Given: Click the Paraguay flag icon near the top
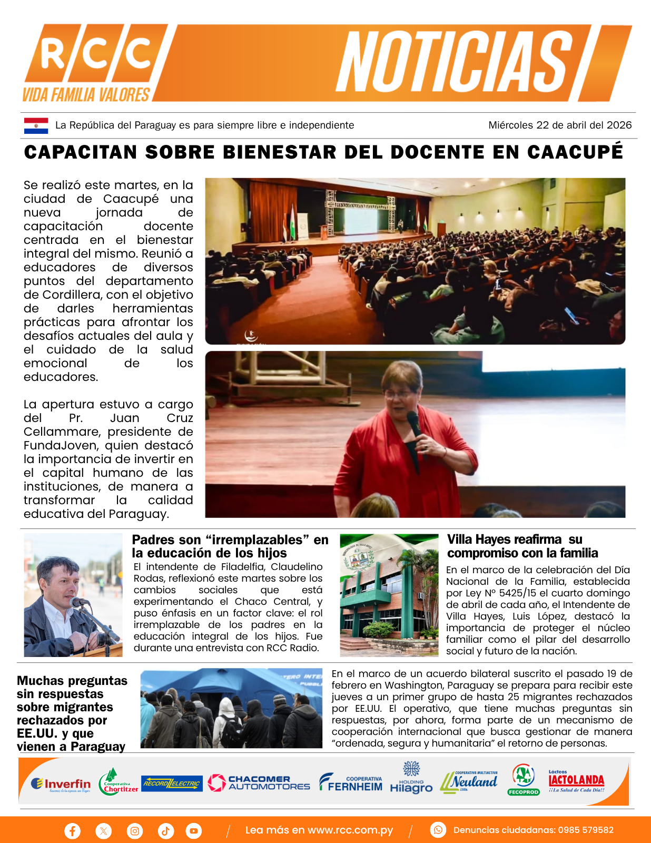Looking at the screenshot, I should click(36, 125).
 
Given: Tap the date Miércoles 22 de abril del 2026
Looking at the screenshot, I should click(560, 125).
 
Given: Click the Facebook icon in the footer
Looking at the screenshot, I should click(72, 831).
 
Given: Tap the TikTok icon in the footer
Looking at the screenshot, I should click(165, 831).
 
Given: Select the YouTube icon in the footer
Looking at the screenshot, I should click(194, 831).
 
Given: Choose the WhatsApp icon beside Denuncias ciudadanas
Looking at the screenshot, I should click(438, 830).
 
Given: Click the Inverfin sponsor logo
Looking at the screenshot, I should click(61, 785).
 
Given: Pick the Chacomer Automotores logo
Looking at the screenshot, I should click(259, 783).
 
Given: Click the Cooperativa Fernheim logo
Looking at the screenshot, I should click(351, 783).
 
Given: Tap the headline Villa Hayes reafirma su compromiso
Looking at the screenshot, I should click(522, 546).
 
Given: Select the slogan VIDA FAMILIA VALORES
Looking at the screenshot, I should click(86, 95).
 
